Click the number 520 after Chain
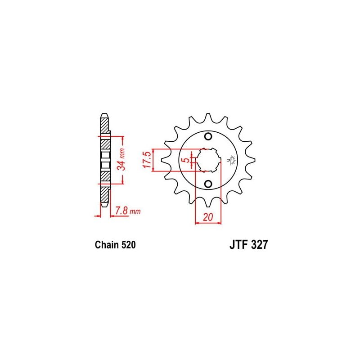(127, 245)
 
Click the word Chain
(107, 245)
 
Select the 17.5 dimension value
(147, 159)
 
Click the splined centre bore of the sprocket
(208, 160)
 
